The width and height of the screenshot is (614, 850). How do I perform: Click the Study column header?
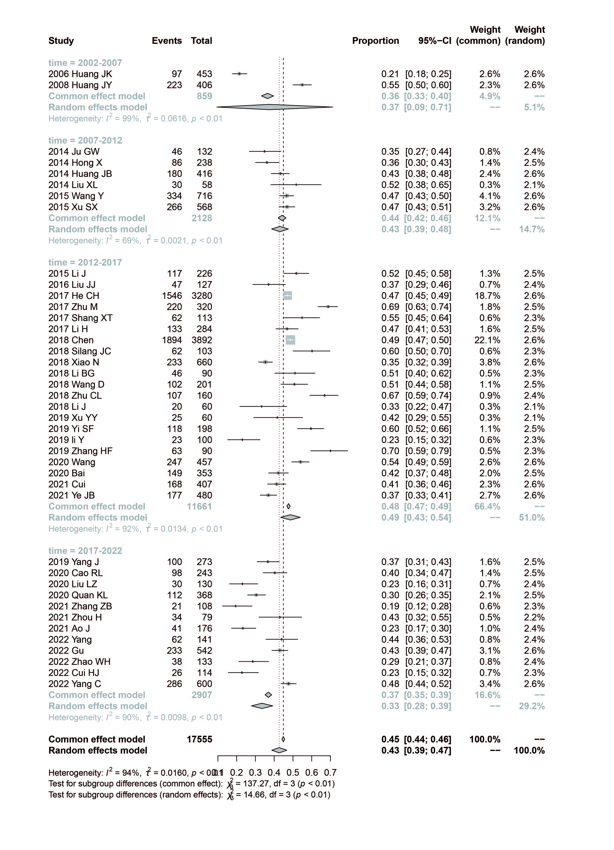tap(61, 41)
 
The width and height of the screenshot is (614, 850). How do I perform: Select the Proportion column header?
tap(376, 41)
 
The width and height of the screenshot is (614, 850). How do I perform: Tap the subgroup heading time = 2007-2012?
tap(85, 140)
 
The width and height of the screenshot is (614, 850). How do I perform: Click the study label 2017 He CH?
tap(74, 296)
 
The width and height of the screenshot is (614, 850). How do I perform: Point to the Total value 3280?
tap(202, 296)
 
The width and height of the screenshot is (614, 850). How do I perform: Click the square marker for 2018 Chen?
tap(290, 340)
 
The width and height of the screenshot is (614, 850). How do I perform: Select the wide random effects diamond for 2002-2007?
tap(275, 107)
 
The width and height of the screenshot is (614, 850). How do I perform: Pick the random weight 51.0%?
tap(532, 518)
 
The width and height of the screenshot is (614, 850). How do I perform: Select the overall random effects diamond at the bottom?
tap(279, 750)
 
